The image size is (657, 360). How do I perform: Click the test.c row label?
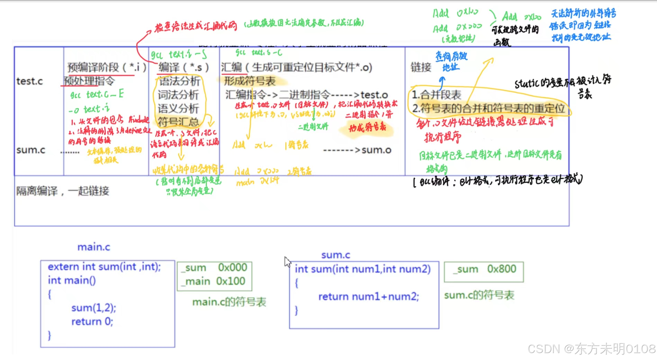pos(29,81)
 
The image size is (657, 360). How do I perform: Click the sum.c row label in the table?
pos(31,150)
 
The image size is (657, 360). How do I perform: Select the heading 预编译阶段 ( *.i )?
pos(107,67)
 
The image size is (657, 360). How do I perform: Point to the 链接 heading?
pos(421,67)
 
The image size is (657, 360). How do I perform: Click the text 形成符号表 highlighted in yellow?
pos(250,81)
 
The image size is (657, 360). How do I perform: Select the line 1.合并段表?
pos(436,94)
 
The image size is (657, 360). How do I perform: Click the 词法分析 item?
pos(178,95)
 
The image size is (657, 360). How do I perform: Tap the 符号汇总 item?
pos(178,122)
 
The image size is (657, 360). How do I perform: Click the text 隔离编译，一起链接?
pos(63,191)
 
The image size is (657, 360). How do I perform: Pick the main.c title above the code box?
pos(94,247)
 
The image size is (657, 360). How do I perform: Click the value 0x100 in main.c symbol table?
pos(231,281)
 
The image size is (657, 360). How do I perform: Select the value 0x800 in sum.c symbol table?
pos(502,269)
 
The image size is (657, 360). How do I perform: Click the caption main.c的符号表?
pos(229,302)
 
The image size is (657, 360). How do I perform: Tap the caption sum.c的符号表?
pos(479,295)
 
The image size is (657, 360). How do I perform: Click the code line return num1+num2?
pos(368,297)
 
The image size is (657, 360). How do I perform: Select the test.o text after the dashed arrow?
pos(374,95)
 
